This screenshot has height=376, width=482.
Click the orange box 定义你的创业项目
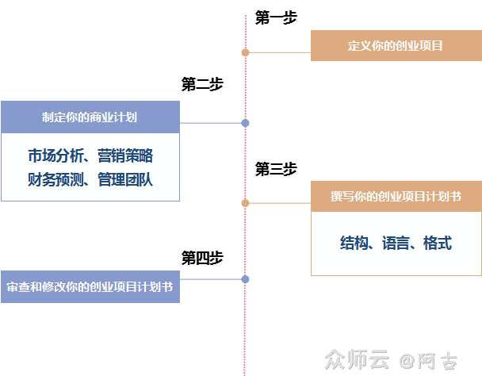tap(396, 46)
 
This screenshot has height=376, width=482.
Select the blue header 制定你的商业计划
tap(90, 117)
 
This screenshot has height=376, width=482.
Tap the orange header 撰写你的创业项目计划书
tap(396, 196)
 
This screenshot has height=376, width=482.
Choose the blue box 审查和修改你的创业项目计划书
tap(90, 287)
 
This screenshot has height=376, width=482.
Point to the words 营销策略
tap(125, 155)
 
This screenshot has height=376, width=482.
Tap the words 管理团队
tap(125, 180)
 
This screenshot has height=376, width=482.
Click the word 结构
tap(356, 244)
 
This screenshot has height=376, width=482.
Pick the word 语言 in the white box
tap(396, 244)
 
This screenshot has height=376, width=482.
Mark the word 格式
tap(437, 244)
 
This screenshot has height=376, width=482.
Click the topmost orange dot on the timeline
tap(245, 52)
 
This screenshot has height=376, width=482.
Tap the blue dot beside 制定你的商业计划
tap(245, 123)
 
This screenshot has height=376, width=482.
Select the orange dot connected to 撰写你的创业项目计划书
tap(245, 203)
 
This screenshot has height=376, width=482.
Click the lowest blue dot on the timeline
tap(245, 279)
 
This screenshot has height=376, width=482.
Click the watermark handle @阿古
tap(428, 361)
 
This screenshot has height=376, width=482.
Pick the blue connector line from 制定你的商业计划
tap(210, 123)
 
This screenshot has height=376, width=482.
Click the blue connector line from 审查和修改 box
tap(210, 279)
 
